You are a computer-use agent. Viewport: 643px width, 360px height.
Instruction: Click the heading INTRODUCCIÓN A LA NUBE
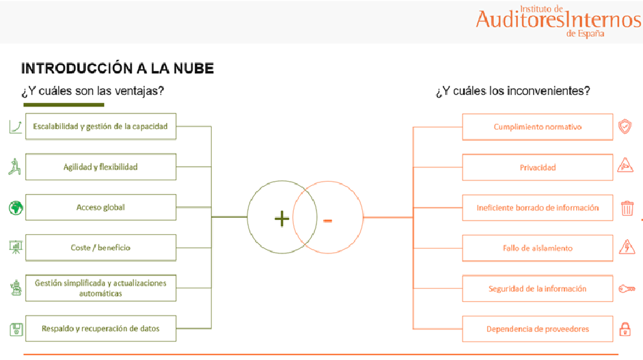[118, 68]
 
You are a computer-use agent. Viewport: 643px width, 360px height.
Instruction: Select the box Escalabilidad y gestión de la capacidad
[100, 126]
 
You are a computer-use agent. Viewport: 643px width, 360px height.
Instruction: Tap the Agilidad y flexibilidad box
[100, 167]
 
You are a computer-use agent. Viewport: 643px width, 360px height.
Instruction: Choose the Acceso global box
[100, 207]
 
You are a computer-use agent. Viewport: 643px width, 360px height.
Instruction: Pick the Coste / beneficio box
[100, 247]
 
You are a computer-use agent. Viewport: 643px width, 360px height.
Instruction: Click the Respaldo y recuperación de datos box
[100, 329]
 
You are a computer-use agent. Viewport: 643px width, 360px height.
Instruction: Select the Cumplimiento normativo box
[537, 127]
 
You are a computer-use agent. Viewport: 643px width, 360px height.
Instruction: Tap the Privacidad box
[537, 167]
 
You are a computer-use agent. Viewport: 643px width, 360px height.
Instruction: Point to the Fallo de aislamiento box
[537, 248]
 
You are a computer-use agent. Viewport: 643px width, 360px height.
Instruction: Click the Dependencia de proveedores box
[537, 329]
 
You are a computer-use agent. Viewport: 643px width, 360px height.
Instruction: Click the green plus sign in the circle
[282, 219]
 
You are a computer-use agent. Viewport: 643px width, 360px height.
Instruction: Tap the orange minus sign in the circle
[328, 220]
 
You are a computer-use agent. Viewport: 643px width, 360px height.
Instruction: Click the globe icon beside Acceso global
[16, 208]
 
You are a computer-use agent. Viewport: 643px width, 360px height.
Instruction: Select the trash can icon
[627, 208]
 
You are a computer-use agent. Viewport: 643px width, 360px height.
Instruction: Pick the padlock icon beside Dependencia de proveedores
[625, 329]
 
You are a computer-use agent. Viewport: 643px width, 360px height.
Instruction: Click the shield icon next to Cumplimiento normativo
[625, 126]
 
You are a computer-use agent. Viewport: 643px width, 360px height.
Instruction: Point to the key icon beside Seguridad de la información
[626, 289]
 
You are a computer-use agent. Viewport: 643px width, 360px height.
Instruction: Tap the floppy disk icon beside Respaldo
[16, 330]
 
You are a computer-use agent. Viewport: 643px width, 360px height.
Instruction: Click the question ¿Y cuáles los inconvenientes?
[512, 91]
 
